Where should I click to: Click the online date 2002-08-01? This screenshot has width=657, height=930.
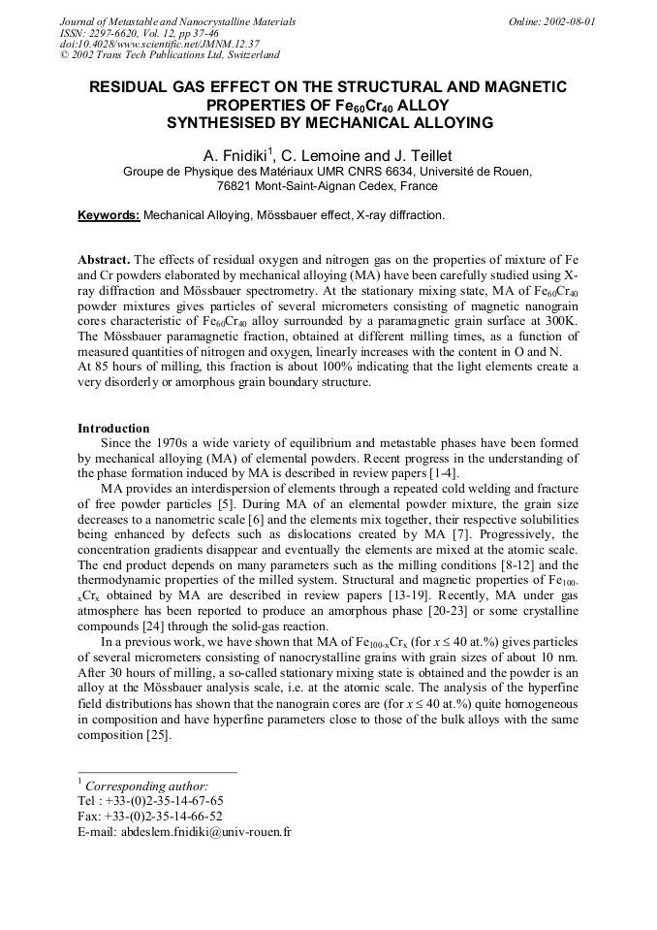[568, 21]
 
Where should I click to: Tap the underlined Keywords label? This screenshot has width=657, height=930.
[109, 215]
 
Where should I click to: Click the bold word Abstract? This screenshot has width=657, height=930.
[103, 260]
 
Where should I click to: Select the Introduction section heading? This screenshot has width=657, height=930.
[113, 428]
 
